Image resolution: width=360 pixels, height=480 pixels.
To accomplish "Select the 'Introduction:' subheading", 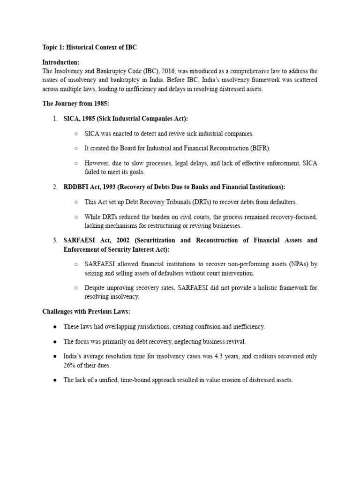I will pos(61,62).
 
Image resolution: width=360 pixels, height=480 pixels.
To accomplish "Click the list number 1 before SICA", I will pos(55,119).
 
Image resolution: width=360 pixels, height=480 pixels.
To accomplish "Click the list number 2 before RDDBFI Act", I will pos(55,187).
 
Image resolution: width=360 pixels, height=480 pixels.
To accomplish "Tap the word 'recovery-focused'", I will pos(294,217).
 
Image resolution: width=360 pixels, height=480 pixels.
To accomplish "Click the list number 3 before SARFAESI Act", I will pos(55,240).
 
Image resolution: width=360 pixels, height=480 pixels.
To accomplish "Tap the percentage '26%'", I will pos(70,365).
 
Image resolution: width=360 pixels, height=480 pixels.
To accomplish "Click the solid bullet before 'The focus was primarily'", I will pos(55,341).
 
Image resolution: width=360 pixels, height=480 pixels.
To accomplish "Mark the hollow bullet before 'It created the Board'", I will pos(76,148).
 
